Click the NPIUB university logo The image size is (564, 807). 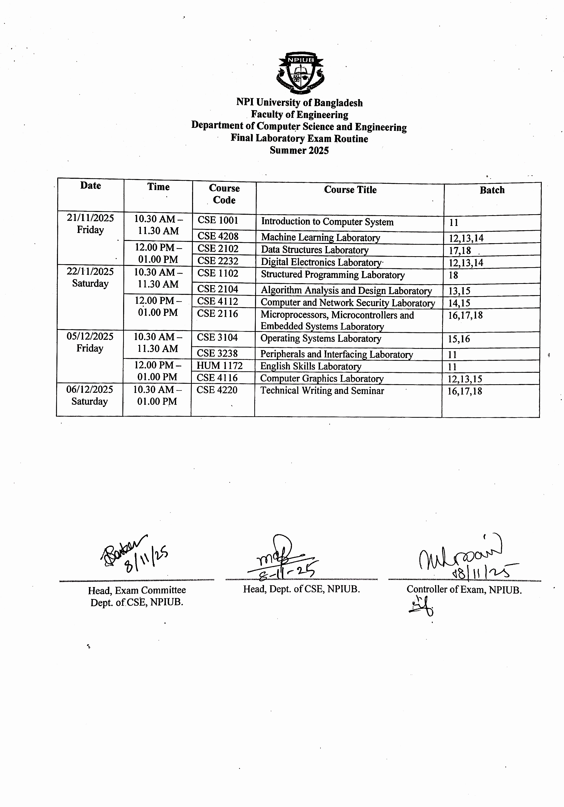coord(301,72)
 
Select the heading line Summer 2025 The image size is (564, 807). coord(299,150)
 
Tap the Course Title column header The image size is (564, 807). coord(350,190)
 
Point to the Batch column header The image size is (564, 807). coord(492,190)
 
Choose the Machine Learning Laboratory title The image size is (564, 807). coord(320,238)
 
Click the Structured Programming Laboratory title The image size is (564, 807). coord(333,275)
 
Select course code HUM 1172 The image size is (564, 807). coord(219,366)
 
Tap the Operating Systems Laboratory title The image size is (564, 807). coord(321,339)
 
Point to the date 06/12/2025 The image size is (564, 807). coord(90,390)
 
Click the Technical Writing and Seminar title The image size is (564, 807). coord(322,391)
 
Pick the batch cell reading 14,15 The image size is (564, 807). coord(459,303)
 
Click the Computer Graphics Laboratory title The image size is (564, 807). coord(322,379)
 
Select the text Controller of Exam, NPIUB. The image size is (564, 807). coord(464,590)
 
